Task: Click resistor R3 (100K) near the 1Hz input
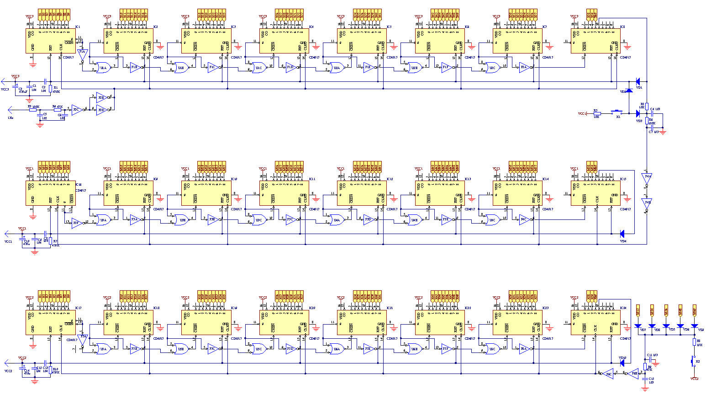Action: point(33,110)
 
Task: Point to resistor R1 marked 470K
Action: point(50,88)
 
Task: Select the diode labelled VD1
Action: point(638,82)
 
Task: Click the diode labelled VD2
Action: point(628,91)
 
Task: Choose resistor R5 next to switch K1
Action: point(596,113)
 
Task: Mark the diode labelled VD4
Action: point(622,234)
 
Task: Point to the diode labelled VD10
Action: point(622,363)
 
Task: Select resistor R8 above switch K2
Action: point(695,342)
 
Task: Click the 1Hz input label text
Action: point(11,117)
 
